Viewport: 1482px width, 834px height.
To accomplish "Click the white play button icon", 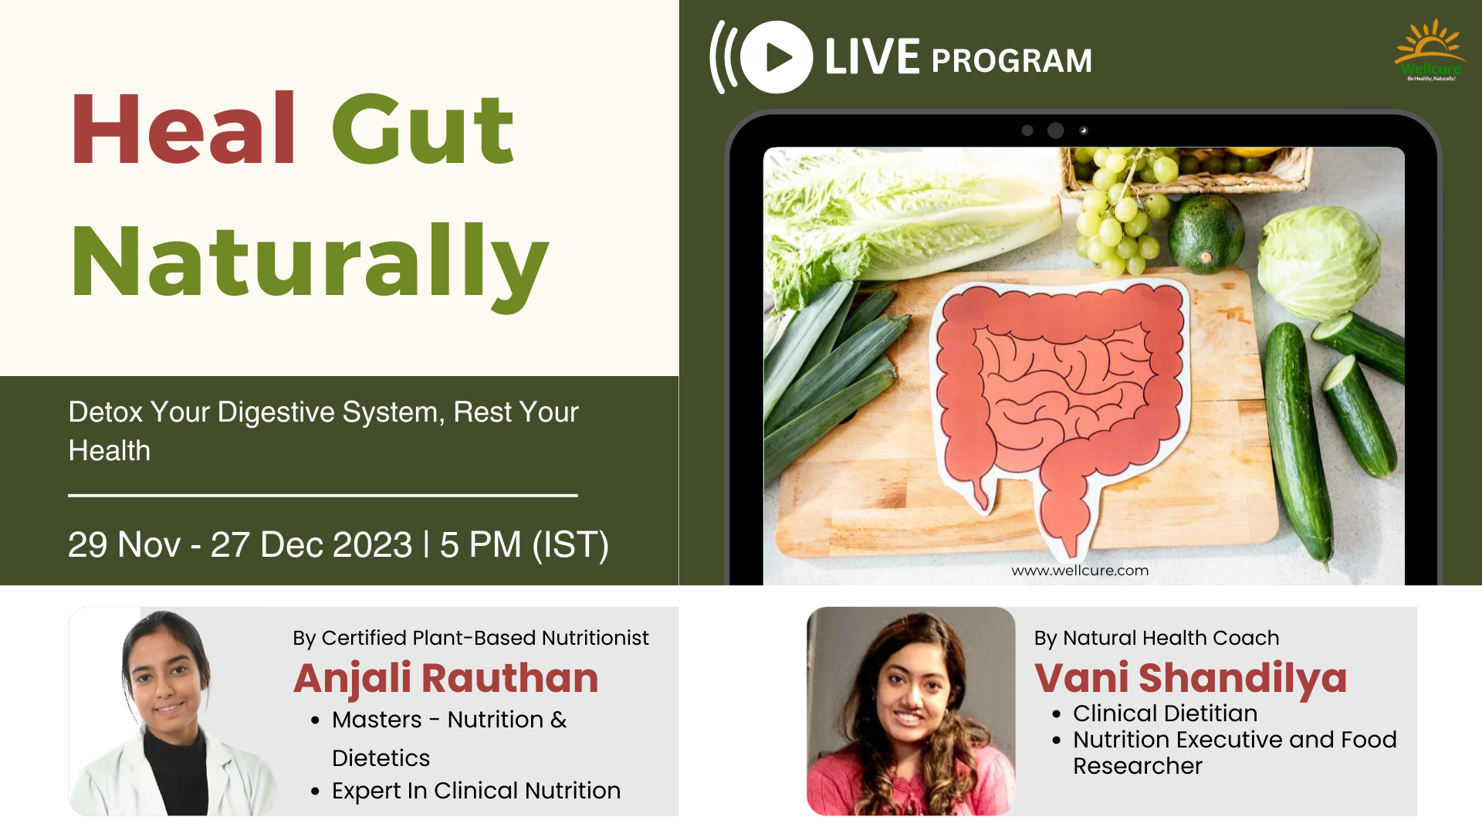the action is tap(777, 57).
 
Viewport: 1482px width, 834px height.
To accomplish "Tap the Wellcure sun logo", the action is tap(1430, 50).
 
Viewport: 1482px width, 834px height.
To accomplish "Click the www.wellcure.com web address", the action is tap(1080, 571).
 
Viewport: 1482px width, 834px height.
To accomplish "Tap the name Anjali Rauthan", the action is tap(446, 678).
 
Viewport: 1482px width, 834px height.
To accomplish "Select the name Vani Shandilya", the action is tap(1190, 678).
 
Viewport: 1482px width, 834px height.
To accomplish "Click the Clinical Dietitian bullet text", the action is tap(1166, 714).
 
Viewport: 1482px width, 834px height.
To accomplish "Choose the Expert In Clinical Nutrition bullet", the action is tap(476, 791).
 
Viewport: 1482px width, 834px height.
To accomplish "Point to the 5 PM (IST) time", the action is tap(524, 544).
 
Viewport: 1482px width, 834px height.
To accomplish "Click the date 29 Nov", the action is tap(124, 544).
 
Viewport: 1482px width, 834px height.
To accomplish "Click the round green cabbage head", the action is tap(1318, 263).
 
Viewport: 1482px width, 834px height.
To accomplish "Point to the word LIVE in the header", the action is tap(872, 57).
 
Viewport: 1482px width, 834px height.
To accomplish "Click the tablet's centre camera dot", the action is tap(1055, 131).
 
